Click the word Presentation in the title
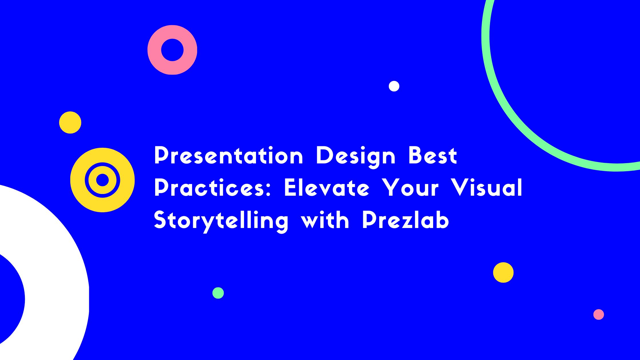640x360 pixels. click(229, 155)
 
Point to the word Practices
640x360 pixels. click(210, 188)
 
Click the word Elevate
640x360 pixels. click(327, 188)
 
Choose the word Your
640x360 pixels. click(411, 188)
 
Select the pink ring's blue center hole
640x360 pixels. click(172, 50)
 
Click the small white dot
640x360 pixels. click(394, 86)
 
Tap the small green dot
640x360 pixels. click(218, 293)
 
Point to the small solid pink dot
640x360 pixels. click(599, 314)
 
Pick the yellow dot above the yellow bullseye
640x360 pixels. click(70, 122)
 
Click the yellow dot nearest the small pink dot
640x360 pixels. click(503, 273)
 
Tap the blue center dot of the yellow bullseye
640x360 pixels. click(102, 180)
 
